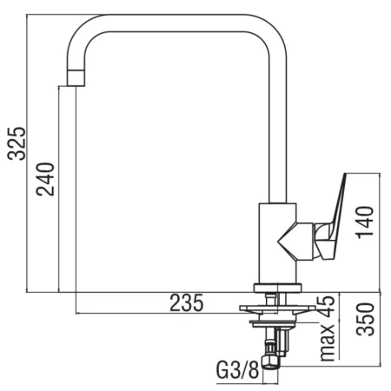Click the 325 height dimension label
coord(17,143)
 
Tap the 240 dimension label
coord(45,179)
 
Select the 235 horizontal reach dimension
coord(187,303)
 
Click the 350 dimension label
coord(365,319)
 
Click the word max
coord(328,342)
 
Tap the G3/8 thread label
coord(237,370)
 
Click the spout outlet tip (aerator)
coord(76,77)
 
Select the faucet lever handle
coord(332,220)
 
